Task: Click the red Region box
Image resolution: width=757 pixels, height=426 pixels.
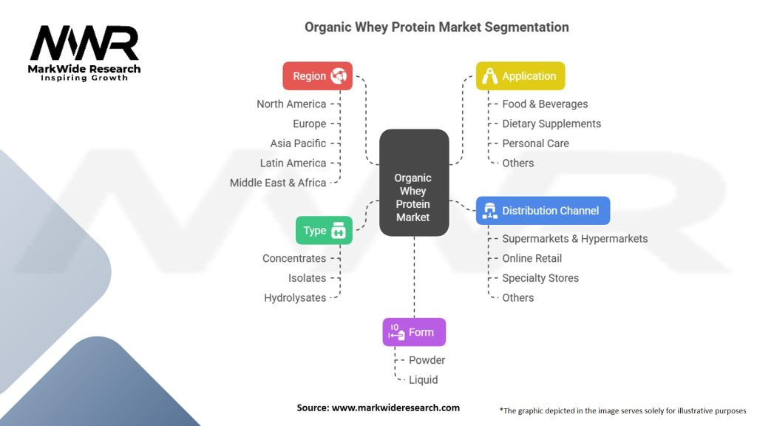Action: (318, 76)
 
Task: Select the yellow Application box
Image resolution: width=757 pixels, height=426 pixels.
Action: (520, 76)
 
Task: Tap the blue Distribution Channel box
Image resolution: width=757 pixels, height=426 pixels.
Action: (543, 211)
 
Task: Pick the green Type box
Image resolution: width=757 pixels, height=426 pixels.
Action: (324, 231)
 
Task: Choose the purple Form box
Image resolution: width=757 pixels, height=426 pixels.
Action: (414, 332)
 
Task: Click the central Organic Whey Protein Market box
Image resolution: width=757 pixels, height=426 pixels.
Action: (414, 183)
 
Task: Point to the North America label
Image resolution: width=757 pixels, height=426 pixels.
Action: (291, 104)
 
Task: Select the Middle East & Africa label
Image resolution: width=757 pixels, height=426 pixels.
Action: (278, 183)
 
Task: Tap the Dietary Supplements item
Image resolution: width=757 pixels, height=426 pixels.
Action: (551, 124)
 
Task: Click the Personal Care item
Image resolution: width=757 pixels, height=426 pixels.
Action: (535, 143)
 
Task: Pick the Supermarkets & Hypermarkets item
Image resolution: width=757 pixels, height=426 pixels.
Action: (575, 239)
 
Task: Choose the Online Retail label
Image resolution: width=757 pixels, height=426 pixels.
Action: (532, 258)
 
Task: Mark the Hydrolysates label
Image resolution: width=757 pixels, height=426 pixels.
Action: (295, 298)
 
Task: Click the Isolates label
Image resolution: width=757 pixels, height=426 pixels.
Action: (307, 278)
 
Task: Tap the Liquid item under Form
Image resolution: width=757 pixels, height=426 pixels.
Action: (424, 380)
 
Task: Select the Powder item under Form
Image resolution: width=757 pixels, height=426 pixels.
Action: (427, 360)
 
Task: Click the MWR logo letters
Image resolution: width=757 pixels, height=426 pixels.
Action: (84, 43)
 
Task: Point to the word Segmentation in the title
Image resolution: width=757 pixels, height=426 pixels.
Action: (526, 27)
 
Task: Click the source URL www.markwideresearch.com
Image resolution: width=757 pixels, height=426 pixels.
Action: (396, 408)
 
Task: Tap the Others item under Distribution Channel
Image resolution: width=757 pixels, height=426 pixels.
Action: (518, 298)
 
